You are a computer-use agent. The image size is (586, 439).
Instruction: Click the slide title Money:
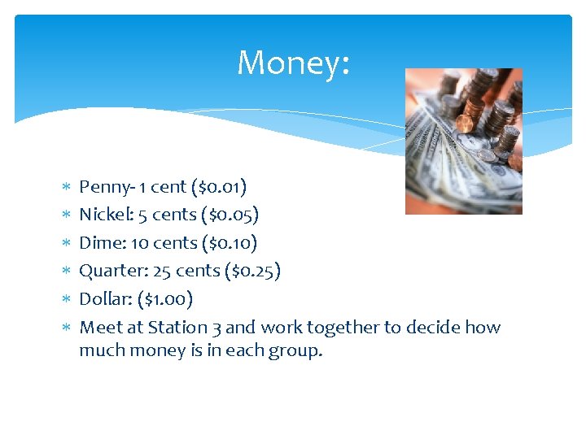point(293,63)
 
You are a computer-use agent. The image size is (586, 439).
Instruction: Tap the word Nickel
point(102,215)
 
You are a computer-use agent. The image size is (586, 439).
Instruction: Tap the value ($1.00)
point(165,299)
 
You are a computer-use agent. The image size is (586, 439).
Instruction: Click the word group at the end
point(296,352)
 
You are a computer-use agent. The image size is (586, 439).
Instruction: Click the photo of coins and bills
point(463,141)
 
